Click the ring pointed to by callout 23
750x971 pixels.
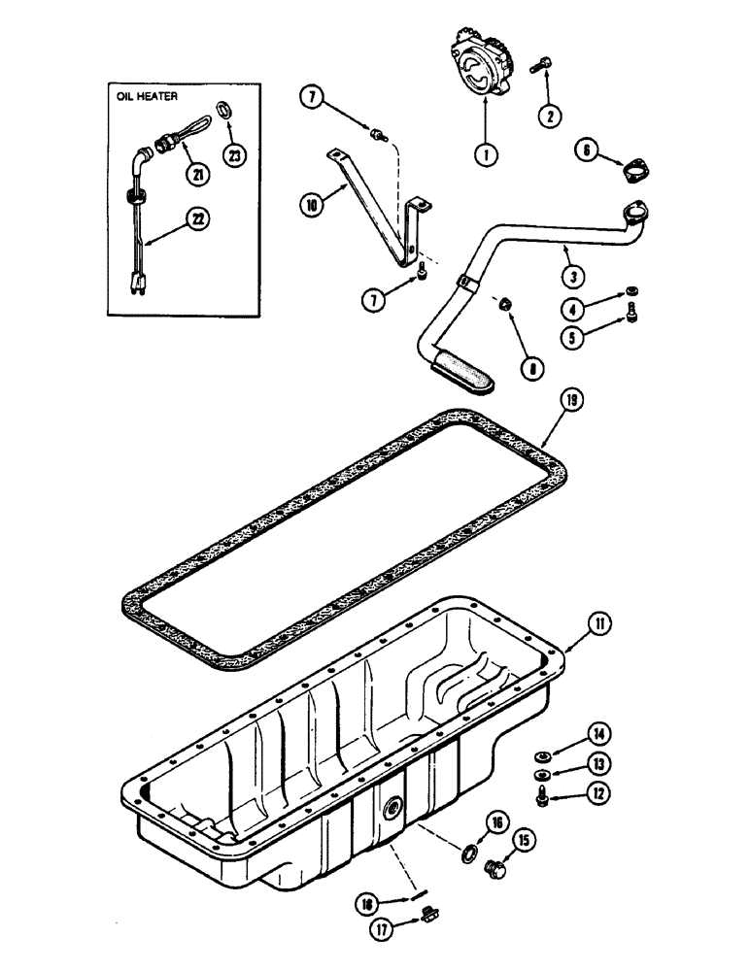[225, 107]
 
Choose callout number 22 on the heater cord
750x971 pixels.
[199, 221]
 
